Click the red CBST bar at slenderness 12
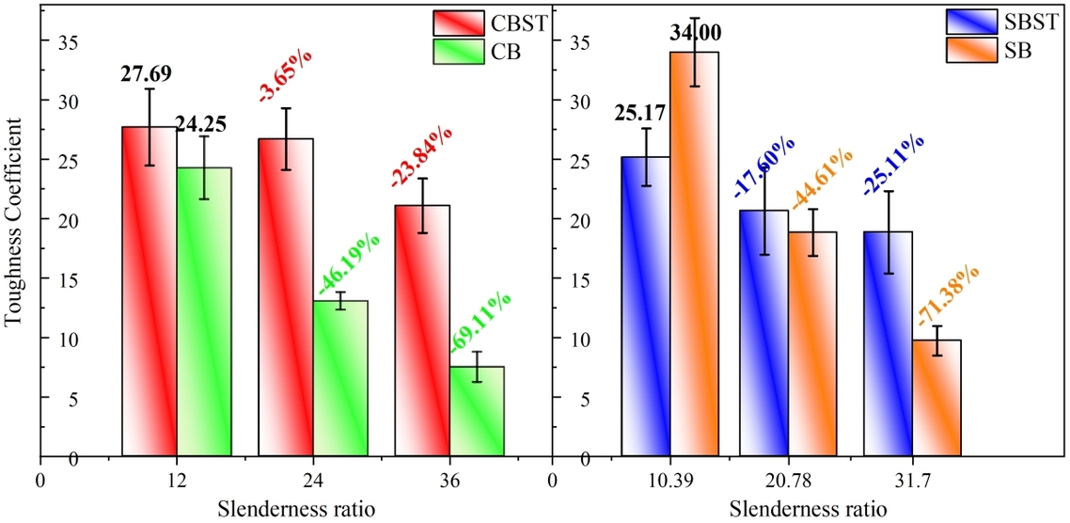[149, 292]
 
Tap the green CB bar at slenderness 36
[477, 411]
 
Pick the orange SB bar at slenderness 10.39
[693, 254]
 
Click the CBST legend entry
[490, 24]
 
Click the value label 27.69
[146, 74]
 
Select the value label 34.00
[695, 34]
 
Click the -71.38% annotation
[949, 295]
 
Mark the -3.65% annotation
[285, 78]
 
